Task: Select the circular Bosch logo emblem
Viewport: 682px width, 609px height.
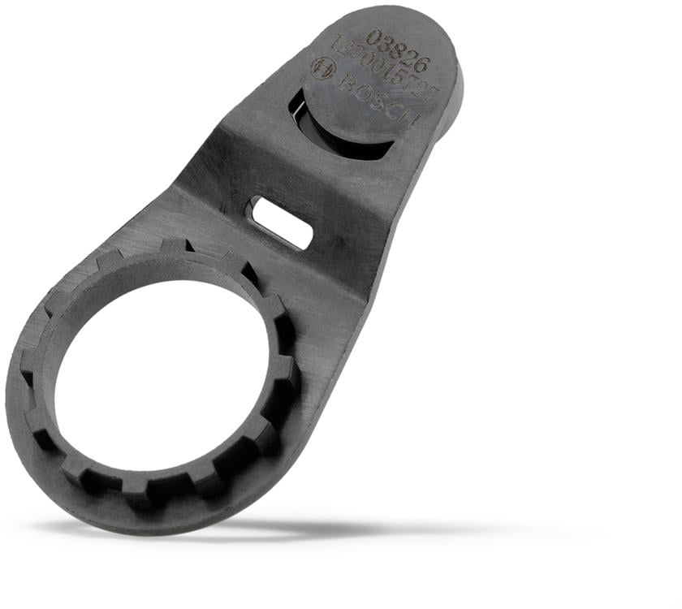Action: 323,67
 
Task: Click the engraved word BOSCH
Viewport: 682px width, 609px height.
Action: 378,100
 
